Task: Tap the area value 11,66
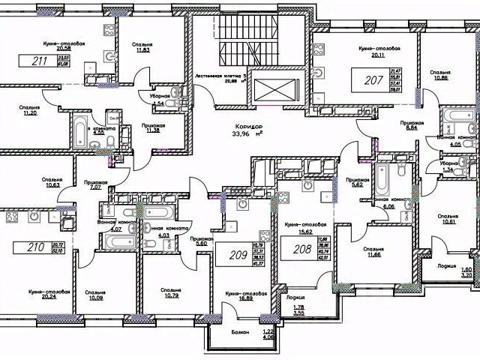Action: (373, 256)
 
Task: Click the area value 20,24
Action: (50, 298)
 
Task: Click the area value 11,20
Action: (30, 114)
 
